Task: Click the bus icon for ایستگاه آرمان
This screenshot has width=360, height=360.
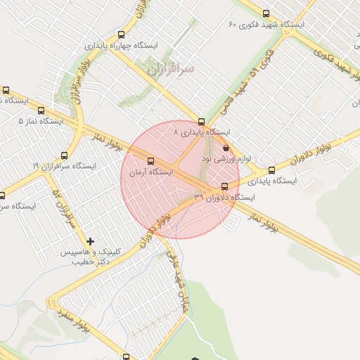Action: pyautogui.click(x=150, y=161)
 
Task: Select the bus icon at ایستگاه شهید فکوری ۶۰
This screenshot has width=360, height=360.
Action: pyautogui.click(x=265, y=13)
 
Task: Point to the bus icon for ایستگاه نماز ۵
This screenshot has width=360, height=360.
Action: pyautogui.click(x=41, y=110)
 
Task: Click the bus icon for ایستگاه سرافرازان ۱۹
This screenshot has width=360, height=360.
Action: pyautogui.click(x=65, y=155)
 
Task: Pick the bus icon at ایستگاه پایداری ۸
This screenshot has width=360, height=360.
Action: pyautogui.click(x=202, y=122)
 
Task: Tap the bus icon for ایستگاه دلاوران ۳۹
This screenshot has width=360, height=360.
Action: pyautogui.click(x=224, y=186)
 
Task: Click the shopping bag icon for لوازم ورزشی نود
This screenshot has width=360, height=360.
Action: pyautogui.click(x=225, y=148)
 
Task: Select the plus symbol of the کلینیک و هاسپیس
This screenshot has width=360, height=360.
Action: pyautogui.click(x=90, y=241)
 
